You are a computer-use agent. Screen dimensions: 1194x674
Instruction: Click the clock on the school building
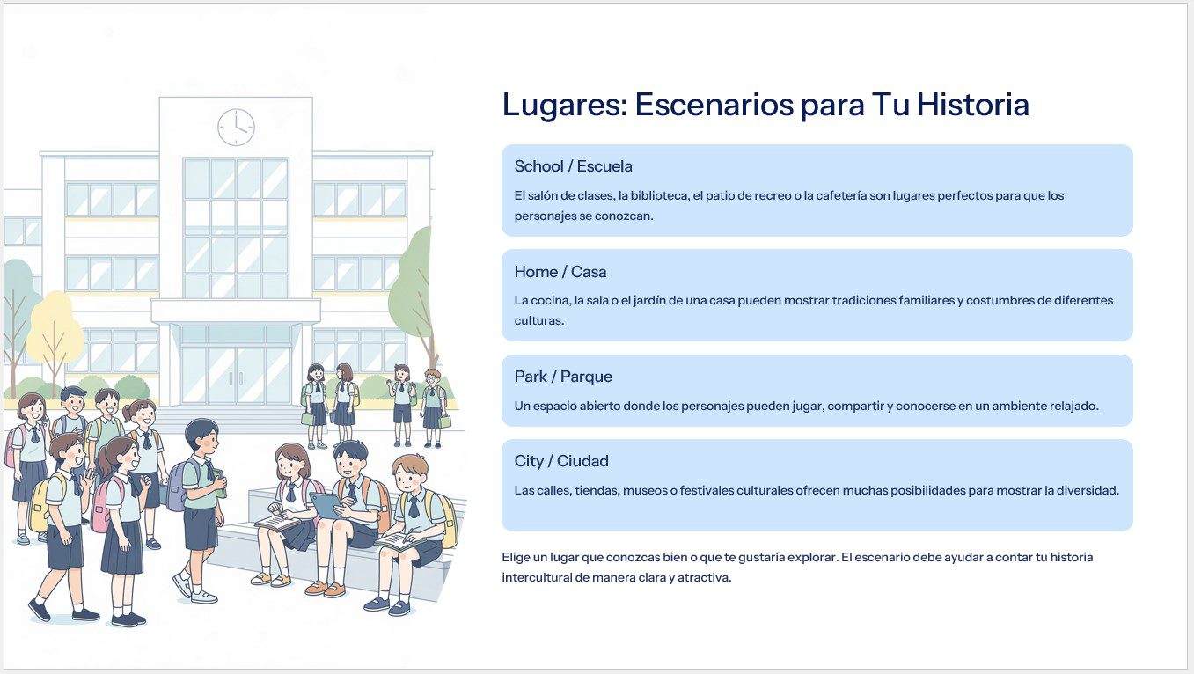(236, 128)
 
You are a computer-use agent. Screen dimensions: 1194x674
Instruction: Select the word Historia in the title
(973, 104)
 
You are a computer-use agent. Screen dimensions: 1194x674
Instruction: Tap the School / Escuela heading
(573, 166)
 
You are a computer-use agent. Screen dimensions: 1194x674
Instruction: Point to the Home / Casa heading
(560, 272)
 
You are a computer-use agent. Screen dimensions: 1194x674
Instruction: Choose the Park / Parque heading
(563, 377)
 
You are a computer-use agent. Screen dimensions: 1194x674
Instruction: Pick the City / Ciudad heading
(561, 461)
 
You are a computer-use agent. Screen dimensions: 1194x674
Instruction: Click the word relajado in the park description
(1073, 407)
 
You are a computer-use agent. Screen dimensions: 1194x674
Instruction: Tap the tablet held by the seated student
(326, 505)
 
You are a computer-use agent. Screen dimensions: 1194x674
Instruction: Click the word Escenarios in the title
(714, 104)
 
